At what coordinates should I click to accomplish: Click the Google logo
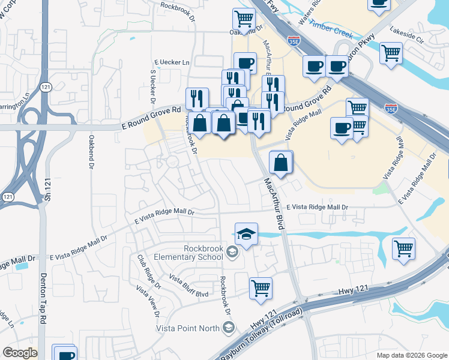(20, 353)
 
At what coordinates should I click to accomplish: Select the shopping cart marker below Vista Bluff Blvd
(261, 288)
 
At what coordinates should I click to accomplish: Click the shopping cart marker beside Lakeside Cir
(391, 53)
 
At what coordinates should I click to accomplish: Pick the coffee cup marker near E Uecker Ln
(245, 64)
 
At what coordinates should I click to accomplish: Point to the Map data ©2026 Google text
(411, 355)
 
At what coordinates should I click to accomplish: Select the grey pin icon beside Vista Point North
(228, 327)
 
